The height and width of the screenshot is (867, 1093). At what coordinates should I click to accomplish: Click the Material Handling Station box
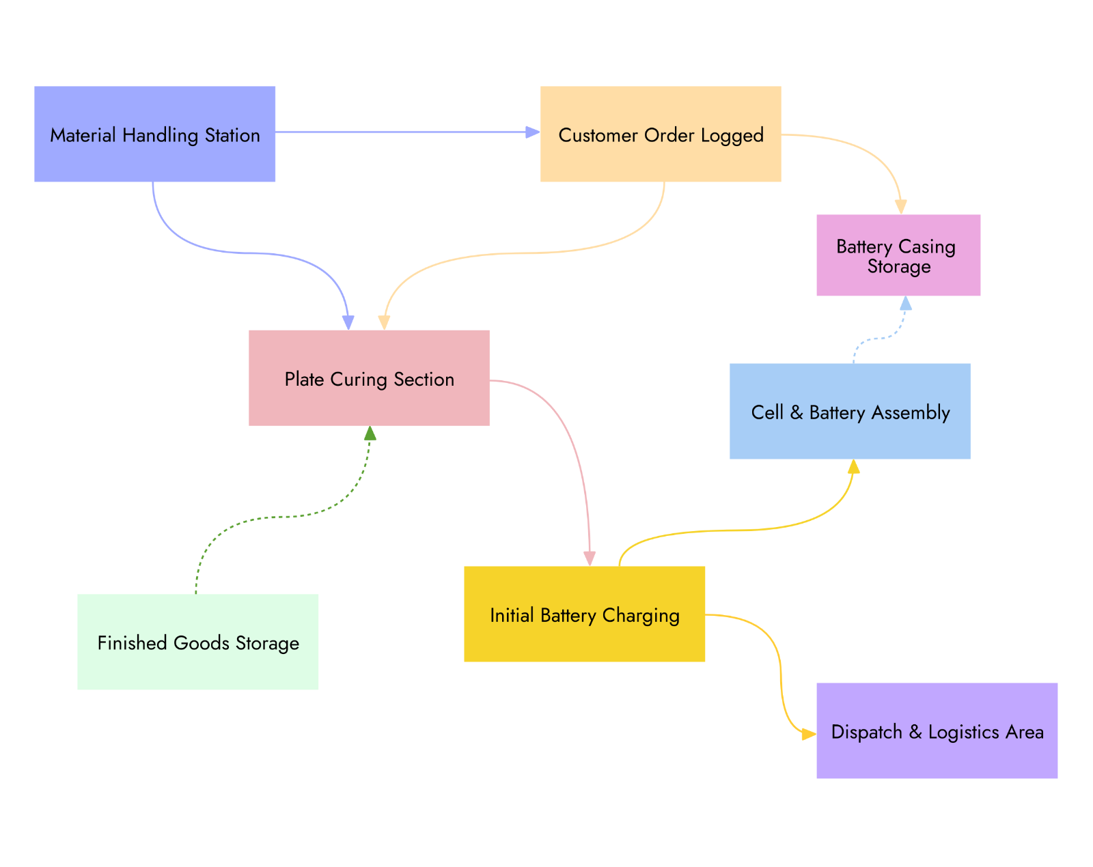[x=154, y=134]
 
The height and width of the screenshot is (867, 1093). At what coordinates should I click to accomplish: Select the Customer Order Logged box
[x=661, y=134]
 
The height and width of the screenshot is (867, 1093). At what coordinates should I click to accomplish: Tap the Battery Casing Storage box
[x=898, y=255]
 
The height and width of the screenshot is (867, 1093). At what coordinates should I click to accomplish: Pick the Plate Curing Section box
[x=369, y=378]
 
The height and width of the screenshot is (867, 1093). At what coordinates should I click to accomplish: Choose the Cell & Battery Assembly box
[x=850, y=411]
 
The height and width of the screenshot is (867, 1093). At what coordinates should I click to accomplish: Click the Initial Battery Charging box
[x=584, y=614]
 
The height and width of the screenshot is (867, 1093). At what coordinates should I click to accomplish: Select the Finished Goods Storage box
[x=197, y=642]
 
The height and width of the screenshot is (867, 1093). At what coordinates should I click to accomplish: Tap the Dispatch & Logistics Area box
[x=937, y=730]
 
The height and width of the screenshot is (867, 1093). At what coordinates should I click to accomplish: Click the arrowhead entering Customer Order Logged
[x=532, y=132]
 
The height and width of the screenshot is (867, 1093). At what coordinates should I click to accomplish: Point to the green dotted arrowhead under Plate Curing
[x=370, y=434]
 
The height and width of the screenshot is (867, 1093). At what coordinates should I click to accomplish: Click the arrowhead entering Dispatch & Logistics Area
[x=809, y=735]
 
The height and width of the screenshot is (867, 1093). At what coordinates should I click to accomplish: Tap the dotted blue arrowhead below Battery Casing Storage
[x=906, y=303]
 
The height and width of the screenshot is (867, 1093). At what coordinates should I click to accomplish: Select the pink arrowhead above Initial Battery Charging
[x=590, y=558]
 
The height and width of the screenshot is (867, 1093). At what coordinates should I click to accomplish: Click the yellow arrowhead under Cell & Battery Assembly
[x=853, y=467]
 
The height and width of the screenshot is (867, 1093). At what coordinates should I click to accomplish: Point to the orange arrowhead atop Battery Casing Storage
[x=901, y=207]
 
